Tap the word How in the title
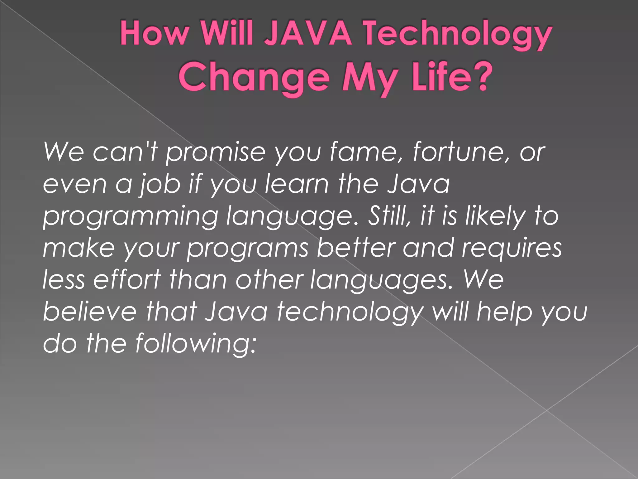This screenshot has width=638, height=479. click(155, 33)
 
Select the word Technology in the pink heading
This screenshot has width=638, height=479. click(458, 34)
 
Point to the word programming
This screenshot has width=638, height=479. click(131, 217)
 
